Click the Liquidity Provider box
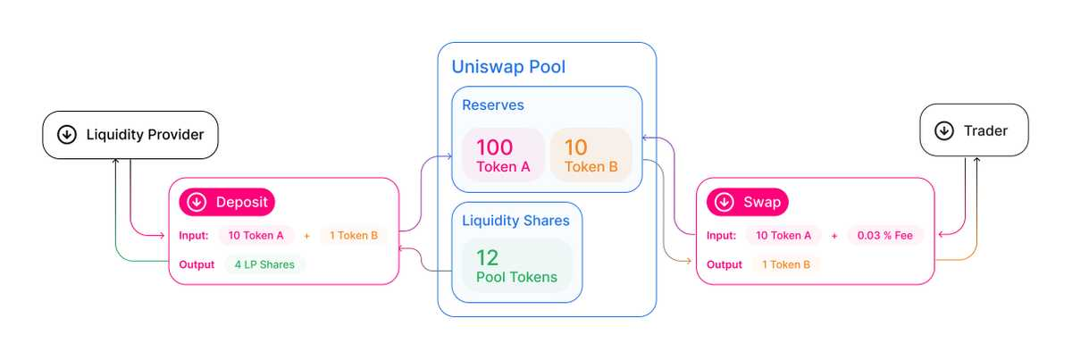click(130, 135)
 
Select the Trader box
click(975, 130)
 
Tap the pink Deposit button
click(227, 202)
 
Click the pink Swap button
click(747, 202)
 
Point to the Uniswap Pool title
click(508, 67)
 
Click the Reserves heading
click(492, 105)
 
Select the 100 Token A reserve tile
click(503, 155)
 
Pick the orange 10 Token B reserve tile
click(590, 155)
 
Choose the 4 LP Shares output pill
click(265, 264)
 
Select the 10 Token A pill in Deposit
click(256, 236)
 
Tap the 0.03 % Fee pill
click(884, 236)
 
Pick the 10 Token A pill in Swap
click(783, 236)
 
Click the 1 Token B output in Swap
click(786, 264)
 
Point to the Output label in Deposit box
click(197, 264)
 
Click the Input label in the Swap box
click(721, 236)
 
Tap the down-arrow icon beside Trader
click(943, 130)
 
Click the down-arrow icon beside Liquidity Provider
click(66, 135)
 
